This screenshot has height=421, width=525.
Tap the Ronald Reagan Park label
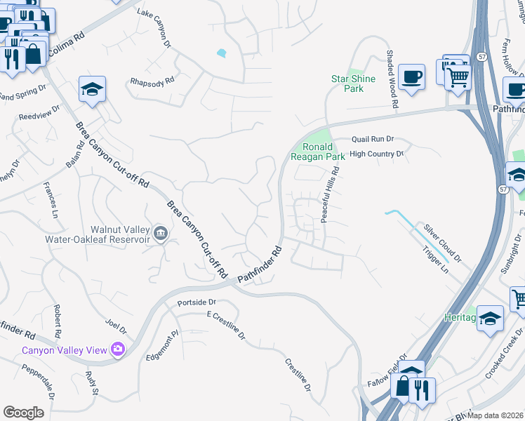322,152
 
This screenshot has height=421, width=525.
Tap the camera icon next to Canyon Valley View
117,349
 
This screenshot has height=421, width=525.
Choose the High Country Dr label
377,154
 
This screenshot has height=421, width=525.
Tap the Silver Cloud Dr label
441,243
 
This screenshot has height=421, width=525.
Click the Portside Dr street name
197,302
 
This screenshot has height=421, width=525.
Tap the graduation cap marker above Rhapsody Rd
92,89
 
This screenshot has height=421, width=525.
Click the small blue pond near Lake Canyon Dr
222,53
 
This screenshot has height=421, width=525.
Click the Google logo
23,413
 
